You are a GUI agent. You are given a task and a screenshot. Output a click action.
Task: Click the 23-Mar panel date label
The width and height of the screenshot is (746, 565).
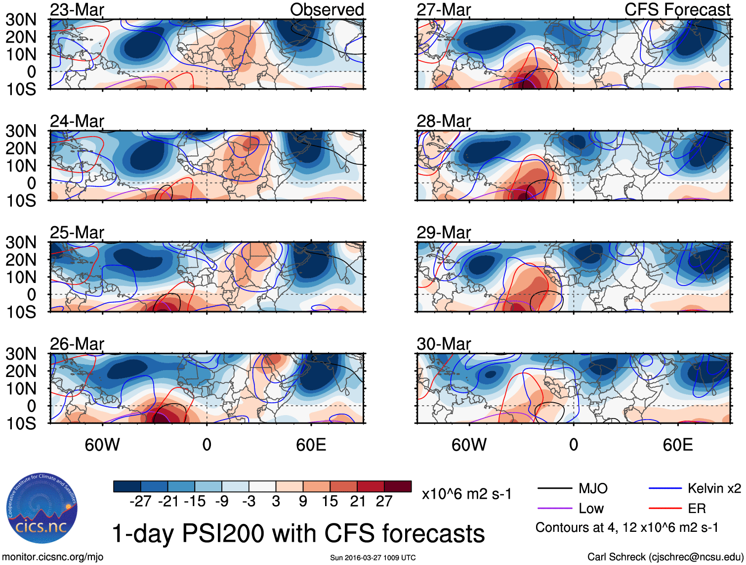pyautogui.click(x=77, y=10)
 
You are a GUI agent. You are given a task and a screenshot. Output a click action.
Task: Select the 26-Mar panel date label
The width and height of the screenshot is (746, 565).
pyautogui.click(x=77, y=344)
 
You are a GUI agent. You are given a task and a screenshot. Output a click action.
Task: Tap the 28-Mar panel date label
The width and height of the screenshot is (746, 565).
pyautogui.click(x=444, y=121)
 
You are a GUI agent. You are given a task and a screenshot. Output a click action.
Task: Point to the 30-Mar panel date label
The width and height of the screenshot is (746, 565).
pyautogui.click(x=444, y=344)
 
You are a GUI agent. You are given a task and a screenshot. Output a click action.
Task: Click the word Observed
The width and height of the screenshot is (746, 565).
pyautogui.click(x=327, y=10)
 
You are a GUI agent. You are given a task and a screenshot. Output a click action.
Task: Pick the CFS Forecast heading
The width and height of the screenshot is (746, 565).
pyautogui.click(x=677, y=10)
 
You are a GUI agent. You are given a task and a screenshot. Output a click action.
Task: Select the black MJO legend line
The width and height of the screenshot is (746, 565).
pyautogui.click(x=555, y=489)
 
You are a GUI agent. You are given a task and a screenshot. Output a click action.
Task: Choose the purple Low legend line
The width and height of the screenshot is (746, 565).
pyautogui.click(x=555, y=509)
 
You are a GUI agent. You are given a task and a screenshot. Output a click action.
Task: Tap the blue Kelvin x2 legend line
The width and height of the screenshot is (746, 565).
pyautogui.click(x=665, y=489)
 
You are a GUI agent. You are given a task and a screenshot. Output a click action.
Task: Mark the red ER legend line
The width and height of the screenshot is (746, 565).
pyautogui.click(x=665, y=509)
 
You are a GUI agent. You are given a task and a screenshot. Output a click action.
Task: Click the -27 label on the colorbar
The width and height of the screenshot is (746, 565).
pyautogui.click(x=140, y=502)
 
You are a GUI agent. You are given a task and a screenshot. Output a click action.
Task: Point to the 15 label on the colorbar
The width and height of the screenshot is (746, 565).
pyautogui.click(x=330, y=502)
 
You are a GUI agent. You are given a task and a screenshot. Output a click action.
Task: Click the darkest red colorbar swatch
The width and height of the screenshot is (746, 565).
pyautogui.click(x=398, y=486)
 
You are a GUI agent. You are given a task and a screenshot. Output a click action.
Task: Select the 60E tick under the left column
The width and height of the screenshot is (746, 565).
pyautogui.click(x=311, y=445)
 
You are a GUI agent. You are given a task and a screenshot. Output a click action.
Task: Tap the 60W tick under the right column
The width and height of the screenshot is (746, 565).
pyautogui.click(x=469, y=445)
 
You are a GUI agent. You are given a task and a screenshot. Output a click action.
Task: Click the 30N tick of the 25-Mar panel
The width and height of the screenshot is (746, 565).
pyautogui.click(x=21, y=242)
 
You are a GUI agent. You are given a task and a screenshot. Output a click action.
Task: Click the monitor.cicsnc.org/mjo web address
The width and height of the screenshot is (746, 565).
pyautogui.click(x=53, y=557)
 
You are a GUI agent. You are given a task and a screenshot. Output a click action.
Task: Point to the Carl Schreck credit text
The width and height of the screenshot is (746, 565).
pyautogui.click(x=665, y=557)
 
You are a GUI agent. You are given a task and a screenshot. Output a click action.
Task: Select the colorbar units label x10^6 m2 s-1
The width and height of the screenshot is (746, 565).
pyautogui.click(x=466, y=494)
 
